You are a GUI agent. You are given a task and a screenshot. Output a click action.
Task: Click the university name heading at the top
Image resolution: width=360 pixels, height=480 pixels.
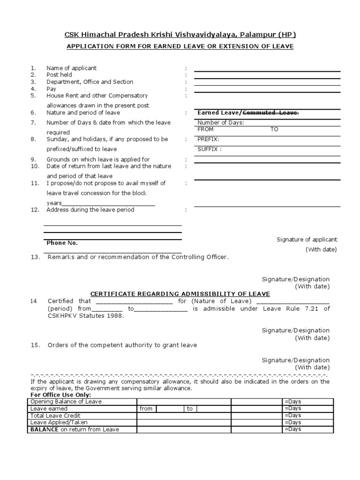click(180, 35)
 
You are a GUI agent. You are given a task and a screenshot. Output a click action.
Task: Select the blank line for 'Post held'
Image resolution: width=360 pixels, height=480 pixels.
click(267, 78)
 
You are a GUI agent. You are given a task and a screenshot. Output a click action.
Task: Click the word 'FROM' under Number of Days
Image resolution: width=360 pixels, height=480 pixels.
click(205, 129)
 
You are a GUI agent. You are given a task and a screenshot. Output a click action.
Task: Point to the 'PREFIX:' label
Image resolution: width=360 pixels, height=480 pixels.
click(209, 139)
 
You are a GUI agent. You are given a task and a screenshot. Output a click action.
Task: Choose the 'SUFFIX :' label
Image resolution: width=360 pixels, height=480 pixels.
click(210, 150)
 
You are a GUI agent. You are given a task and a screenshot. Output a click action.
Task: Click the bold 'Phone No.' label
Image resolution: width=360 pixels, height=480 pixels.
click(62, 243)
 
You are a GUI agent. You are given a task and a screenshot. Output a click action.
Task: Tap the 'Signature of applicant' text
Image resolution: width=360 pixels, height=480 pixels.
click(307, 240)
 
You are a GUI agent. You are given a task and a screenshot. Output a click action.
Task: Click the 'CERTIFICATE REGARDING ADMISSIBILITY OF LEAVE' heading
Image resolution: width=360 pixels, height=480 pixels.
click(180, 294)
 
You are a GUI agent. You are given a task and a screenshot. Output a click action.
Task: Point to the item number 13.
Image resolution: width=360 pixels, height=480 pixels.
click(35, 257)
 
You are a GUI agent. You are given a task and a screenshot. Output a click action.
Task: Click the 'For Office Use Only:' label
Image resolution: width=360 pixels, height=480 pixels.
click(60, 395)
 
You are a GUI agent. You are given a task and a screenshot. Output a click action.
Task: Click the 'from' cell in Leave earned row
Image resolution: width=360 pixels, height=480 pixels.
click(146, 409)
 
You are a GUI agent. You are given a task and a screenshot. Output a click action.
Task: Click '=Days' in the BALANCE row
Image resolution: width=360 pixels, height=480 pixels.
click(292, 429)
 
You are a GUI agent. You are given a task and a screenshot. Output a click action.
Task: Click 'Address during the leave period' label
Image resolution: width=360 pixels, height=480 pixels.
click(90, 210)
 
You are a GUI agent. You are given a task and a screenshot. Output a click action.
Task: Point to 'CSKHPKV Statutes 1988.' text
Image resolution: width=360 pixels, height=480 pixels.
click(86, 316)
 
